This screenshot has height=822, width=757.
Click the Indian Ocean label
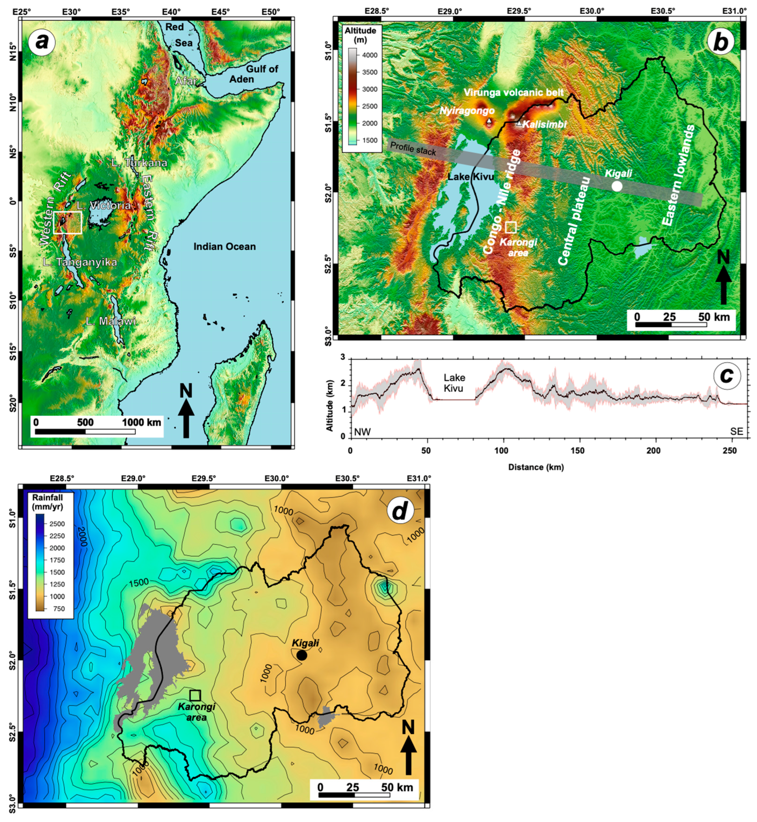[x=224, y=247]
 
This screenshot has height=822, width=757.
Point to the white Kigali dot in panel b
[x=617, y=186]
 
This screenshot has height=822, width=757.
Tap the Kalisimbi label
[x=544, y=124]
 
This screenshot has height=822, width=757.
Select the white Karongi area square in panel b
[x=511, y=227]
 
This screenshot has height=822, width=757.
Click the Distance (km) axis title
[x=536, y=467]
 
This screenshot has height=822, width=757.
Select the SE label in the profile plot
[x=736, y=431]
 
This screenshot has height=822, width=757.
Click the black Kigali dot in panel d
[x=302, y=655]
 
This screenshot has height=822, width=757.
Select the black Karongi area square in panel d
[x=195, y=695]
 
